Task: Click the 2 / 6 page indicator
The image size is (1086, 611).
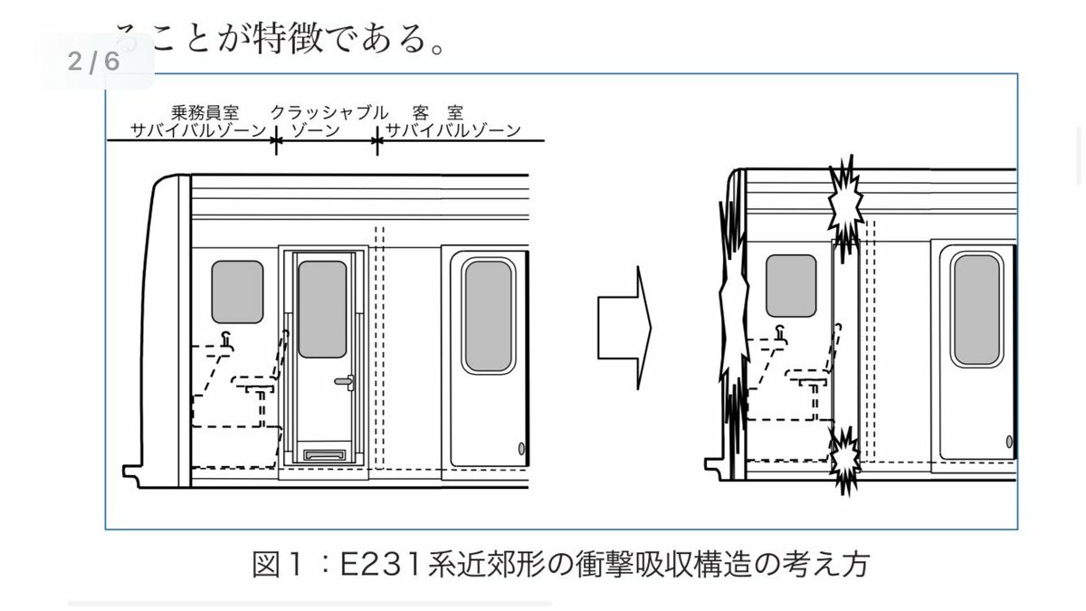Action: coord(93,61)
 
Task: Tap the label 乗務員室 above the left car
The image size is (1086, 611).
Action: coord(205,113)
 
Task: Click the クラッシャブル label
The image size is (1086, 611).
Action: coord(329,113)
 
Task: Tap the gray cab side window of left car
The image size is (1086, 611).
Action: coord(237,291)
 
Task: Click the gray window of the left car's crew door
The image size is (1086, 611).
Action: coord(322,309)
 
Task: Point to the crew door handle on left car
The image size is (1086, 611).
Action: coord(344,383)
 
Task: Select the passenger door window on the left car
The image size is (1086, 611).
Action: coord(489,315)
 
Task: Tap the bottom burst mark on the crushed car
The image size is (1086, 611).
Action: coord(845,458)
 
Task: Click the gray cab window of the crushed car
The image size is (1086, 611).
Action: coord(791,285)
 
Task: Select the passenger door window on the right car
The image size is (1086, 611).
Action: coord(977,310)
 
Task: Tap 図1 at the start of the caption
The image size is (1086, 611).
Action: coord(275,565)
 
